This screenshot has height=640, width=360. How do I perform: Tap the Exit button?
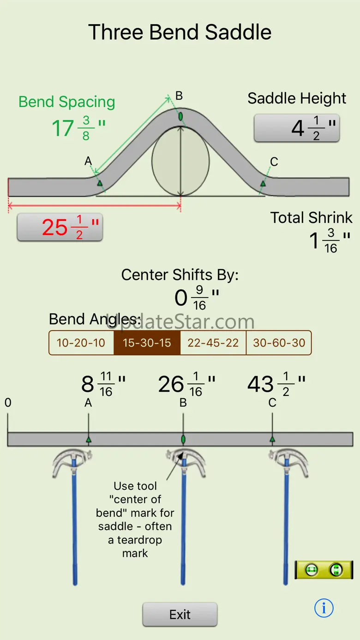(x=180, y=614)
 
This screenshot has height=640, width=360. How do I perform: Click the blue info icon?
(x=324, y=608)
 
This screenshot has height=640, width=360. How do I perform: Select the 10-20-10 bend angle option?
(x=81, y=343)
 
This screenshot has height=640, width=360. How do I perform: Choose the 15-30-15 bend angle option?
(x=147, y=343)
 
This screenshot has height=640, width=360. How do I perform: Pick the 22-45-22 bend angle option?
(x=213, y=343)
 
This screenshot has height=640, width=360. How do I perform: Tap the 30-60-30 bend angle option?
(x=279, y=343)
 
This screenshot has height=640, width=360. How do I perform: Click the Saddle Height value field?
(x=297, y=128)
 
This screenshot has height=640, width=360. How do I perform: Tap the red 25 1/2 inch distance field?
(x=60, y=227)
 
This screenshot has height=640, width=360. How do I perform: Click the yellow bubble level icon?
(x=324, y=570)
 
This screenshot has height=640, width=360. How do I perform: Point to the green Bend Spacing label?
(x=67, y=102)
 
